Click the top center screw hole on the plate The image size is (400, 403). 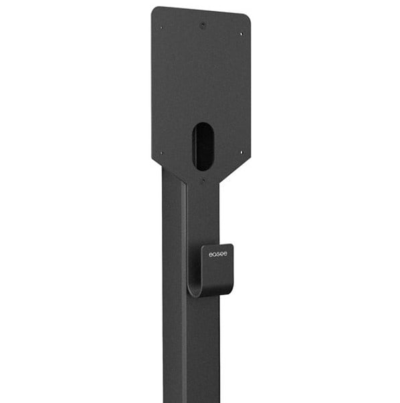coord(203,25)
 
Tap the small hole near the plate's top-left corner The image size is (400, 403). coord(161,27)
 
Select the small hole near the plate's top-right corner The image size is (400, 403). coord(241,33)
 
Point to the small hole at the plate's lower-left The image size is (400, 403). coord(161,153)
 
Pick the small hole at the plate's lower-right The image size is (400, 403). coord(241,152)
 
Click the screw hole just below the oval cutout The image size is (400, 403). coord(203,180)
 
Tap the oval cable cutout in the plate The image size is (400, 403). coord(203,146)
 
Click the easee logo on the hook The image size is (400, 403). coord(217,254)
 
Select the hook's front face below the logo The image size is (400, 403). coord(218,273)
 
